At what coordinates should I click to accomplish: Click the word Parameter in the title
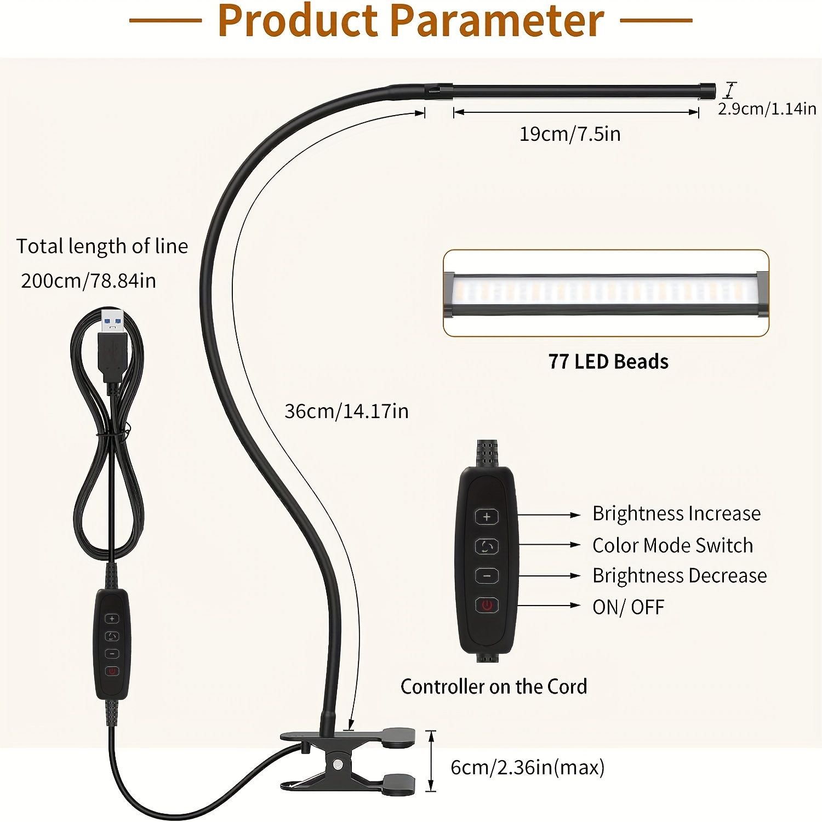point(498,20)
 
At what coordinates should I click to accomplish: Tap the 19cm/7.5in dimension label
point(570,134)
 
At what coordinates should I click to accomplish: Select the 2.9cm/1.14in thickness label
point(767,109)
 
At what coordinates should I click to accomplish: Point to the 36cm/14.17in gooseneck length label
point(346,411)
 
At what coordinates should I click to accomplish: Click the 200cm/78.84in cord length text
point(88,281)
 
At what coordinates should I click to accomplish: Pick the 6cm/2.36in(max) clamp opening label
point(527,767)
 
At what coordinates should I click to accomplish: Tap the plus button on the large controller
point(487,516)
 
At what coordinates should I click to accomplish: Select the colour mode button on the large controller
point(487,546)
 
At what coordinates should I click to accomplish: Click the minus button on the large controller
point(487,576)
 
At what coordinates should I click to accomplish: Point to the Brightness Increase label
point(676,513)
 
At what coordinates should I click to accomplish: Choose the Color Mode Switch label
point(672,545)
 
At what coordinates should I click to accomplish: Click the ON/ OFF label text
point(628,607)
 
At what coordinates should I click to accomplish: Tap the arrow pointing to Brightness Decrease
point(549,576)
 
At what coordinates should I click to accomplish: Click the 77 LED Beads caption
point(608,362)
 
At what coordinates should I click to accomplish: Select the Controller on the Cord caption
point(494,687)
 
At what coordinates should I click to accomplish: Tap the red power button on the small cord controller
point(112,671)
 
